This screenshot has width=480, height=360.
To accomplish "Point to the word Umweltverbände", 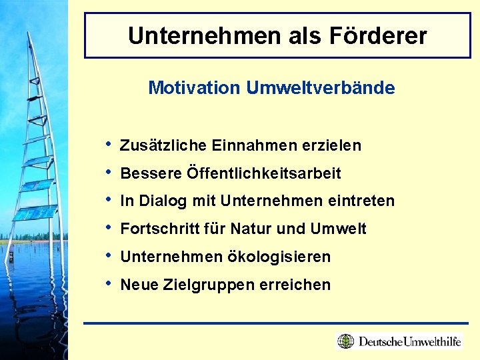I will tap(320, 87).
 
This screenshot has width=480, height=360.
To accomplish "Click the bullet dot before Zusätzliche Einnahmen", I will tap(109, 144).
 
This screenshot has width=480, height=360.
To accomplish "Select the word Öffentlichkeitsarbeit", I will tap(264, 173).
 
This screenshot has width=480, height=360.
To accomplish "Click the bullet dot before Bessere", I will tap(109, 172).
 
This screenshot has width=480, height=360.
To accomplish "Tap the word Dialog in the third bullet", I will tap(161, 201).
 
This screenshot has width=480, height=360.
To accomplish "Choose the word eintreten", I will tap(364, 201).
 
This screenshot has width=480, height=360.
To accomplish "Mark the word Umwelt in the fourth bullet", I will tap(338, 229).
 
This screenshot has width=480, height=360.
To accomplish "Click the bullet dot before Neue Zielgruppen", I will tap(109, 283).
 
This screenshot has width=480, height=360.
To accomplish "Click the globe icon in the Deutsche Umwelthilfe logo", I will tap(346, 341).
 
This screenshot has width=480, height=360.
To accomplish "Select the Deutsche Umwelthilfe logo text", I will tap(409, 342).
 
